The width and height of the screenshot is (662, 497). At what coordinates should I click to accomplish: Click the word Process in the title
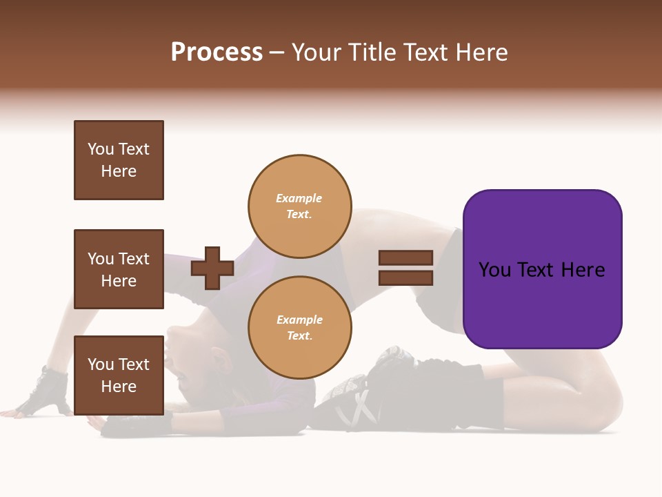(217, 52)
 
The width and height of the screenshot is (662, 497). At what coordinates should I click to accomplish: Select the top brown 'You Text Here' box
(119, 160)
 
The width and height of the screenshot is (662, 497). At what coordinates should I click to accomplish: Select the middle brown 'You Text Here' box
(119, 269)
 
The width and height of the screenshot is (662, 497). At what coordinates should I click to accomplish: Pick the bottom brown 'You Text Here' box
(119, 375)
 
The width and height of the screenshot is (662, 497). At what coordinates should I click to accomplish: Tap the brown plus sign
(212, 268)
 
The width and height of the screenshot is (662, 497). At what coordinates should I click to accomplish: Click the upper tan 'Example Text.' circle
(300, 206)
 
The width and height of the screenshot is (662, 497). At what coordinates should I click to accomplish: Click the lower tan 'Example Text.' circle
(300, 327)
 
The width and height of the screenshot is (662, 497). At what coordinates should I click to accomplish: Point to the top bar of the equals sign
(405, 257)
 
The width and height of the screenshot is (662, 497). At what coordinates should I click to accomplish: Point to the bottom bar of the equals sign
(405, 277)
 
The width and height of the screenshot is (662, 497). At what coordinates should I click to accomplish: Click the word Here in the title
(481, 52)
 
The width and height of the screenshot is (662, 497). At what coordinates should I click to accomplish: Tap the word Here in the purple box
(583, 270)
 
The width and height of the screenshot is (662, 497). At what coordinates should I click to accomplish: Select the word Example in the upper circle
(299, 198)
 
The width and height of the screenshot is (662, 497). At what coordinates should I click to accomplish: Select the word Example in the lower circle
(299, 320)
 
